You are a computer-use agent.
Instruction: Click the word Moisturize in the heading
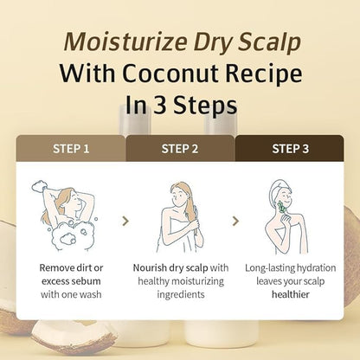click(125, 42)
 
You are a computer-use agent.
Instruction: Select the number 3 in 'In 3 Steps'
click(159, 105)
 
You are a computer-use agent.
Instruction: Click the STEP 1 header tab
click(71, 148)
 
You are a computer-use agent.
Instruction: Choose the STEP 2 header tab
click(180, 148)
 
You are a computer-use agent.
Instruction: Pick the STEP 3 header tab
click(290, 148)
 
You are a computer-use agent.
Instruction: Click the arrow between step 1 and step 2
click(125, 222)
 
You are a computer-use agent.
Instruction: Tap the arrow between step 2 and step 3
click(235, 222)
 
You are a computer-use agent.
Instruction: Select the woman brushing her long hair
click(180, 218)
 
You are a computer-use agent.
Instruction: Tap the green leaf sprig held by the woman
click(281, 208)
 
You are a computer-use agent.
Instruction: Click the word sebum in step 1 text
click(87, 281)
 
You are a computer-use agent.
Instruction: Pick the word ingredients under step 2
click(181, 295)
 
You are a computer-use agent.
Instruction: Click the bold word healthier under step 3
click(291, 294)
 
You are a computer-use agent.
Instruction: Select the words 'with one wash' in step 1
click(71, 294)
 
